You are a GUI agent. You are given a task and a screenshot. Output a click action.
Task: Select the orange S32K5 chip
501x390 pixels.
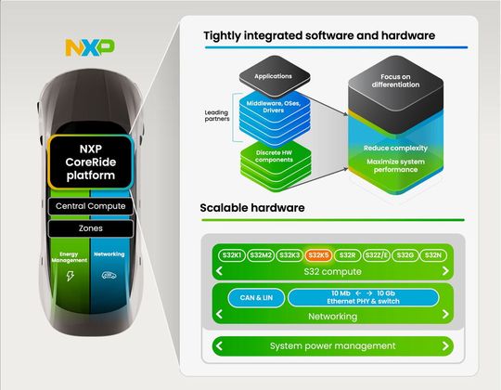318,254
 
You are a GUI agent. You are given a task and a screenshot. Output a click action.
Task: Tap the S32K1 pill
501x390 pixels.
231,254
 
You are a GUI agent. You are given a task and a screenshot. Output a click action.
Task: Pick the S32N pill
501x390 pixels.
432,254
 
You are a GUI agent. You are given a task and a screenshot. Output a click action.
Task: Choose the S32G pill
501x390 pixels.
405,254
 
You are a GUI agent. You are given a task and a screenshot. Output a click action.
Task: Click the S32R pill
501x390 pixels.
347,254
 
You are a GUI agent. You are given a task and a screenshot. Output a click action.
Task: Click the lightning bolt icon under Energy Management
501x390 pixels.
70,276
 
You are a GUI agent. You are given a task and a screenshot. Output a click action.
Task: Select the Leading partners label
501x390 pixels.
219,117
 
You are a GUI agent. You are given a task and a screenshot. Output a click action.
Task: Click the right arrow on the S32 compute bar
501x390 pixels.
445,271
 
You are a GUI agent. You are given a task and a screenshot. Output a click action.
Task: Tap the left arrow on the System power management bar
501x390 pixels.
220,346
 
